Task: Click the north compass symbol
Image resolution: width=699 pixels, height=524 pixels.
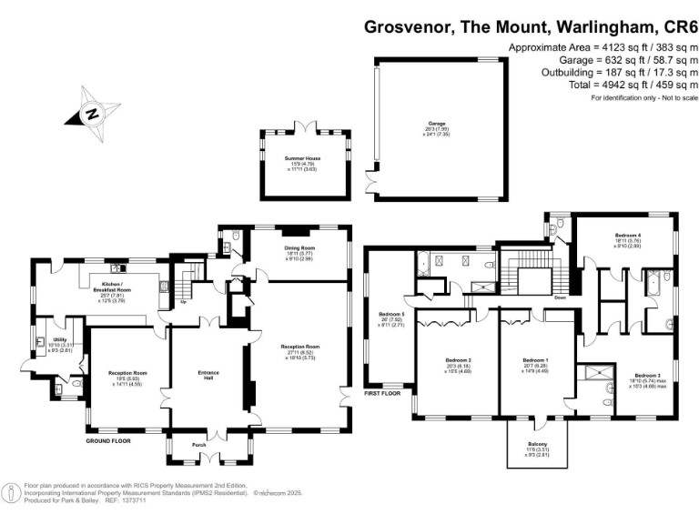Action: click(x=92, y=113)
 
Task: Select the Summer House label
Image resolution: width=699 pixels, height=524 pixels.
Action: click(x=302, y=158)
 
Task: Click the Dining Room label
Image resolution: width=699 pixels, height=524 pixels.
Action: click(x=299, y=247)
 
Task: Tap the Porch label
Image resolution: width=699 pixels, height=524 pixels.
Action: click(x=199, y=444)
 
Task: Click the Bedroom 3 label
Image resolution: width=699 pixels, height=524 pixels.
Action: click(x=647, y=375)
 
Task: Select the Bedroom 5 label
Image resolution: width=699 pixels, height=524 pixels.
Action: click(x=390, y=314)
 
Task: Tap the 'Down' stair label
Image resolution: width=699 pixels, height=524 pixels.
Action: click(x=560, y=297)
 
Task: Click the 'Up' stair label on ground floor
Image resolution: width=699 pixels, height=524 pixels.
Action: click(x=183, y=301)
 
